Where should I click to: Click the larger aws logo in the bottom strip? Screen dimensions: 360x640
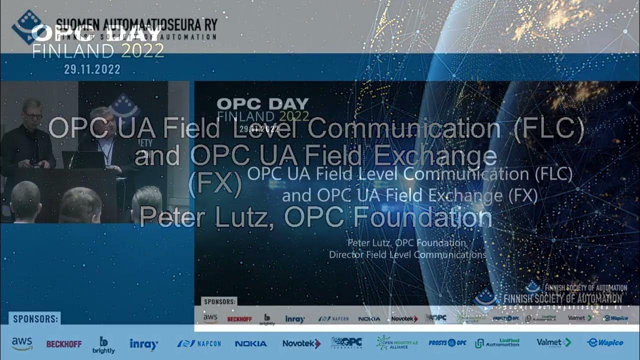(22, 343)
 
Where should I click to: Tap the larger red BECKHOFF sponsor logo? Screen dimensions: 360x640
(63, 344)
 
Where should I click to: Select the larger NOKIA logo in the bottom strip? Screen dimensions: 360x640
(250, 343)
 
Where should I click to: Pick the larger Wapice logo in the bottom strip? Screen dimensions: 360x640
(605, 342)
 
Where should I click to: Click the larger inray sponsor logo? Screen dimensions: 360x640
(144, 343)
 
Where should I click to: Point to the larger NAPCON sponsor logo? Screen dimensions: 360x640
(199, 343)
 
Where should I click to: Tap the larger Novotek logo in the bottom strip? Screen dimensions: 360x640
(301, 343)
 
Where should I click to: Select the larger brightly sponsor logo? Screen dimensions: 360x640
(103, 344)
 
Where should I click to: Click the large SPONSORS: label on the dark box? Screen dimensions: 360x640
(35, 318)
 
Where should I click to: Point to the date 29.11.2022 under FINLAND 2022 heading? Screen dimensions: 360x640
(92, 69)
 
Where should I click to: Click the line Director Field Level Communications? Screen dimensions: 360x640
(407, 254)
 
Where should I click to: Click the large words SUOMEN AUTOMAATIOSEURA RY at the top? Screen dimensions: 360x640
(136, 24)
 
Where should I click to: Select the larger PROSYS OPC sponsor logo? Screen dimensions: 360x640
(447, 343)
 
